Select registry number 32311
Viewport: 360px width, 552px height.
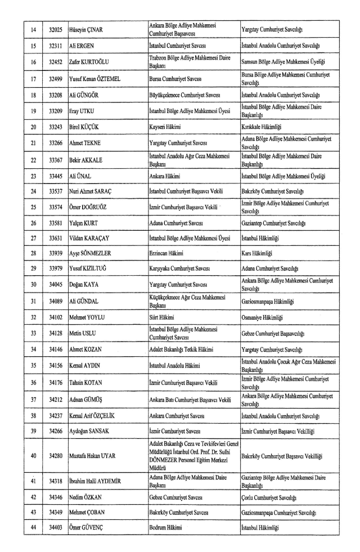(55, 44)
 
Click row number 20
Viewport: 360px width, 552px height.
(33, 127)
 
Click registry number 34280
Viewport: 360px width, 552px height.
(55, 456)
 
